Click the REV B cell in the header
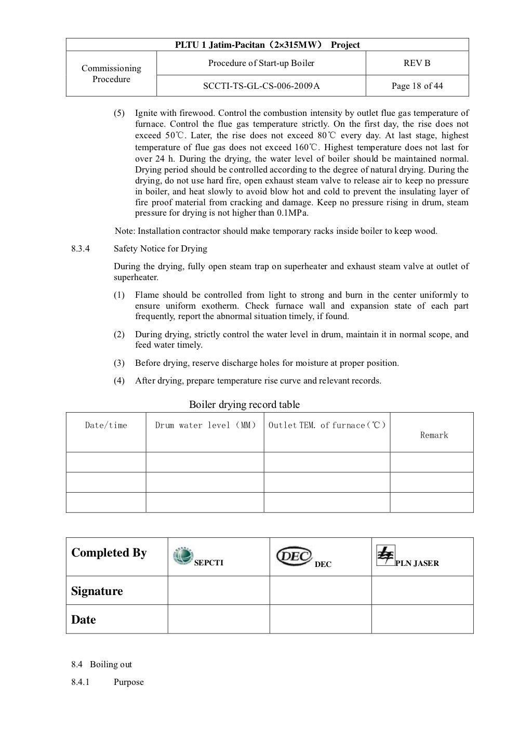tap(417, 63)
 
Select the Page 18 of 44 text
tap(417, 86)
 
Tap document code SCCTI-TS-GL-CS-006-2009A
tap(261, 86)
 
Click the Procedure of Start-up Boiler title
tap(261, 63)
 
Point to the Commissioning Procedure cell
tap(111, 74)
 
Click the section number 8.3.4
tap(81, 249)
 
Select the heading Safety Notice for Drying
tap(160, 249)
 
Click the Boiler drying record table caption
tap(244, 405)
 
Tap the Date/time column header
tap(106, 426)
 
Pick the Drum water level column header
tap(205, 426)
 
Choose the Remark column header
tap(434, 435)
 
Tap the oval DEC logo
tap(294, 556)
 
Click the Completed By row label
tap(109, 553)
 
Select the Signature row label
tap(97, 591)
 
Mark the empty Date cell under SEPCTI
tap(218, 619)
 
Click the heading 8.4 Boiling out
tap(102, 665)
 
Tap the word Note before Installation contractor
tap(124, 231)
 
